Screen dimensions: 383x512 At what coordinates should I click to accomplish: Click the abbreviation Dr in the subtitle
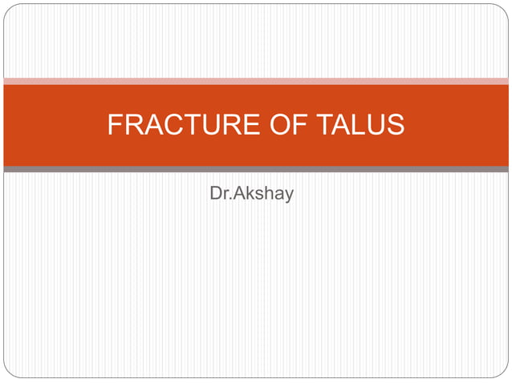coord(217,195)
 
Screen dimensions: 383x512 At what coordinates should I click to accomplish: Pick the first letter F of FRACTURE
coord(115,125)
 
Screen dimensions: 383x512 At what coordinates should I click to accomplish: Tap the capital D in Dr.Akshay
coord(214,195)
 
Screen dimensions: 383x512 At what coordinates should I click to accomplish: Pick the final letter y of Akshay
coord(288,196)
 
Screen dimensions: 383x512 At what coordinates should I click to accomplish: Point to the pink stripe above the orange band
coord(256,81)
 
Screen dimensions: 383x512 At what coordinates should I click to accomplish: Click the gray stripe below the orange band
coord(256,170)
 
